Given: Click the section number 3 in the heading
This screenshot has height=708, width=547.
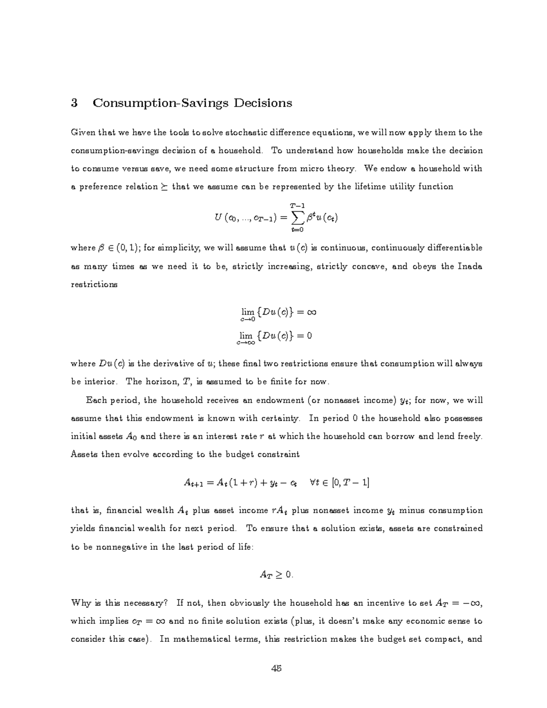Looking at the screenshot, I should pyautogui.click(x=74, y=103).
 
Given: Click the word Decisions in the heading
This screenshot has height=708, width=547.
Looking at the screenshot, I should pyautogui.click(x=263, y=103).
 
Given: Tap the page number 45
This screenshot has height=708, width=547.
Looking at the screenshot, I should pyautogui.click(x=276, y=669).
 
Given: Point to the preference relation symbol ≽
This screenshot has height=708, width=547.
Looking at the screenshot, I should pyautogui.click(x=164, y=187).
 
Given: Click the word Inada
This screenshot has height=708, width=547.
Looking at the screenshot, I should pyautogui.click(x=470, y=266).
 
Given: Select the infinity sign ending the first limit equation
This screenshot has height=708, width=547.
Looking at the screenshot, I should pyautogui.click(x=311, y=312).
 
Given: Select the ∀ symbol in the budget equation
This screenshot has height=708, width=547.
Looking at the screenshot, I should pyautogui.click(x=313, y=482).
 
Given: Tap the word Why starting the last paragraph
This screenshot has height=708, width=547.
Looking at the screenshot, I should pyautogui.click(x=81, y=603).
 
